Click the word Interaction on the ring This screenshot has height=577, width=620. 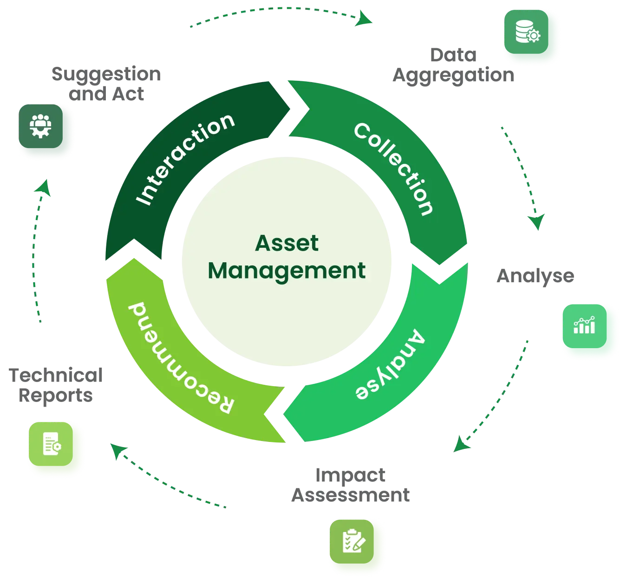tap(185, 158)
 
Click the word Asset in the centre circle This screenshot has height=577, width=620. tap(287, 243)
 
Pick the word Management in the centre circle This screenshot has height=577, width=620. tap(287, 271)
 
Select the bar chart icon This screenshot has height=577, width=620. tap(584, 326)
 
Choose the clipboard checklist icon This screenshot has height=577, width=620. tap(354, 541)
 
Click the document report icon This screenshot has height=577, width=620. tap(52, 445)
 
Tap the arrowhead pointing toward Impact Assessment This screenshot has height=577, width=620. tap(461, 444)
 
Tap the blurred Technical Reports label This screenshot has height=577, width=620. tap(56, 385)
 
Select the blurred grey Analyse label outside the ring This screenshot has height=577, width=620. tap(535, 277)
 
